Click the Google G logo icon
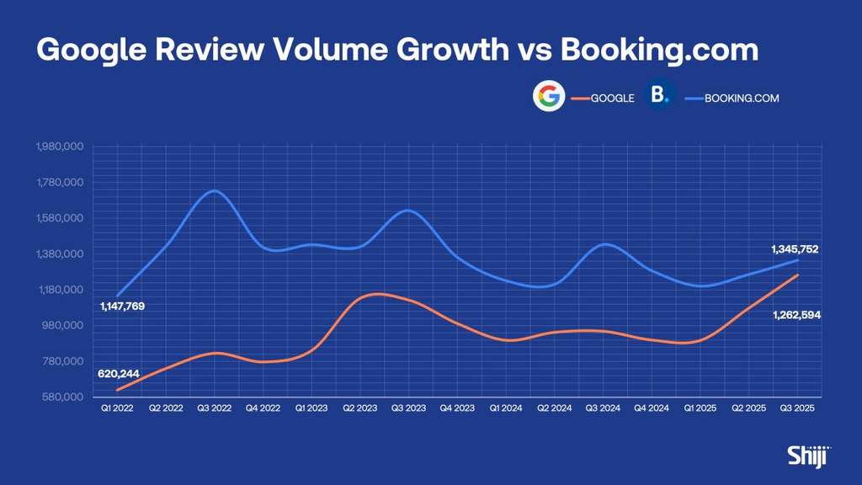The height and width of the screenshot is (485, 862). pos(549,96)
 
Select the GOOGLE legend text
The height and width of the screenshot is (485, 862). pos(613,99)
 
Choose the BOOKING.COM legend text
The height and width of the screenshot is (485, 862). pos(742,99)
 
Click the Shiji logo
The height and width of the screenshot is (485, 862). pos(809,456)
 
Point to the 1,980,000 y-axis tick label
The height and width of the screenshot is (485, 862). pos(60,147)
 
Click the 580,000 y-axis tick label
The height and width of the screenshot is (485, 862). pos(62,397)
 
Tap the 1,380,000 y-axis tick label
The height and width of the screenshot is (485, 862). pos(60,253)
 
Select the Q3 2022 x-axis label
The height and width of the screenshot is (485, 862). pos(215,408)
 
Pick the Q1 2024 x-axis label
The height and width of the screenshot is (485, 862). pos(506,408)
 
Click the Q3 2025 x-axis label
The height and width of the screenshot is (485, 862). pos(797,408)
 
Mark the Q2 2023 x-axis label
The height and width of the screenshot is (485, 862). pos(360,408)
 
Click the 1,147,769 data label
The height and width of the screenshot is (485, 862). pos(123,306)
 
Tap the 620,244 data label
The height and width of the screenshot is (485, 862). pos(119,374)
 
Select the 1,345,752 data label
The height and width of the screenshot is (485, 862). pos(795,249)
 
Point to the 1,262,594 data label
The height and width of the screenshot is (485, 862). pos(796,315)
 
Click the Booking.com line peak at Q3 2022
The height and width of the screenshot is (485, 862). pos(214,191)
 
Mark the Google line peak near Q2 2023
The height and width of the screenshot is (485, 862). pos(377,294)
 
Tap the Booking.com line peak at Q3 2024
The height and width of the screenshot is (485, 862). pos(605,243)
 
